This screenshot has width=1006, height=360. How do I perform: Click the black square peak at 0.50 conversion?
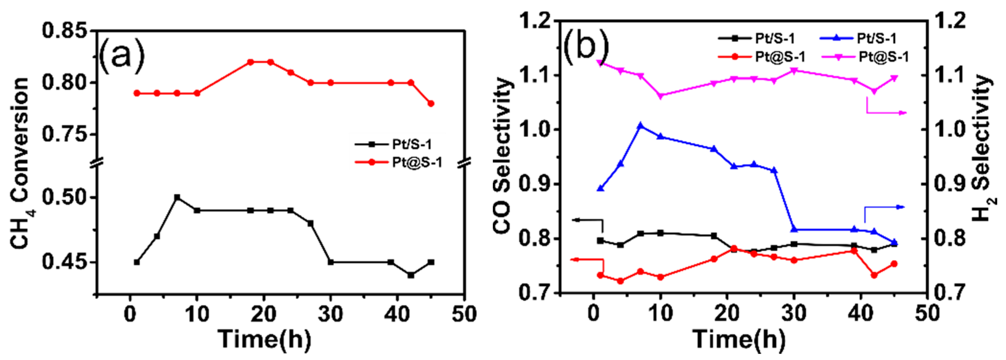[x=177, y=197]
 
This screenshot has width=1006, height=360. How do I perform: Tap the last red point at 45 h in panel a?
[x=431, y=103]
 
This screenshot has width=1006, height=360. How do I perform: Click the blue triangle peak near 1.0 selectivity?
[x=640, y=126]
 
